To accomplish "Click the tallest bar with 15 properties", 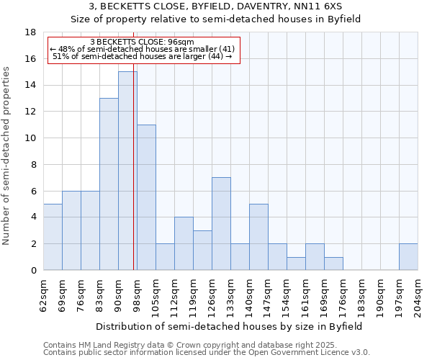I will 127,171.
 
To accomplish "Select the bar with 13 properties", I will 109,184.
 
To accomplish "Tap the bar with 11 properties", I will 146,197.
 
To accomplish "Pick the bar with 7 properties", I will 221,223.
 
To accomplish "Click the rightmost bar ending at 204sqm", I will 408,256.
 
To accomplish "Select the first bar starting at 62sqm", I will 53,237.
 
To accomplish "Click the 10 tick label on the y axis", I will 30,138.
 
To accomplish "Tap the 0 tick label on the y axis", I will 33,271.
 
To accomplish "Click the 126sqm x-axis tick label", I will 215,295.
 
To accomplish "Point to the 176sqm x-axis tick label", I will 346,295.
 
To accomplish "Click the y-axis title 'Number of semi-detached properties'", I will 7,156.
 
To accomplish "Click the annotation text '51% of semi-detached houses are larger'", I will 143,56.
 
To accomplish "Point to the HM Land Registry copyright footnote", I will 205,345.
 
